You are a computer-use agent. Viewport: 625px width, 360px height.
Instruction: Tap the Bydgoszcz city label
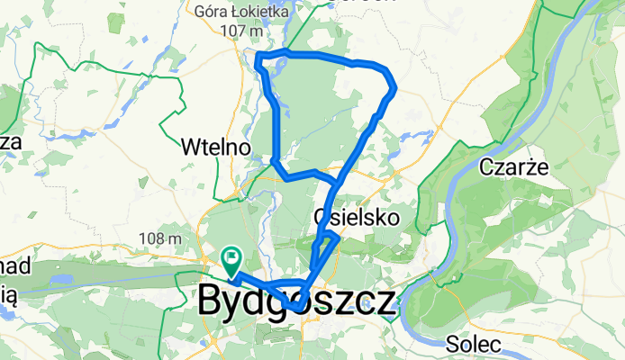[295, 301]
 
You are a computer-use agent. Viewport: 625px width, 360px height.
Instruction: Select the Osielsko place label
[356, 217]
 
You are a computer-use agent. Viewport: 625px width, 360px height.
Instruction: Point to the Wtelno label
[213, 146]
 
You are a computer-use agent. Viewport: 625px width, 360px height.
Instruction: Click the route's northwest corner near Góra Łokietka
[259, 59]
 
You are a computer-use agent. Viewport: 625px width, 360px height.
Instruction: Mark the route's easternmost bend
[394, 87]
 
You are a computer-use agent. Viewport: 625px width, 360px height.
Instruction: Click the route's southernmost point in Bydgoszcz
[298, 310]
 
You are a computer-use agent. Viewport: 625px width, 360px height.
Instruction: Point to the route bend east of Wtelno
[273, 161]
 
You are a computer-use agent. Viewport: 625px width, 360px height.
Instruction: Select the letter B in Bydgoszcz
[210, 301]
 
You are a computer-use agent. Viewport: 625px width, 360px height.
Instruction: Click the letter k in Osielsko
[379, 217]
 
